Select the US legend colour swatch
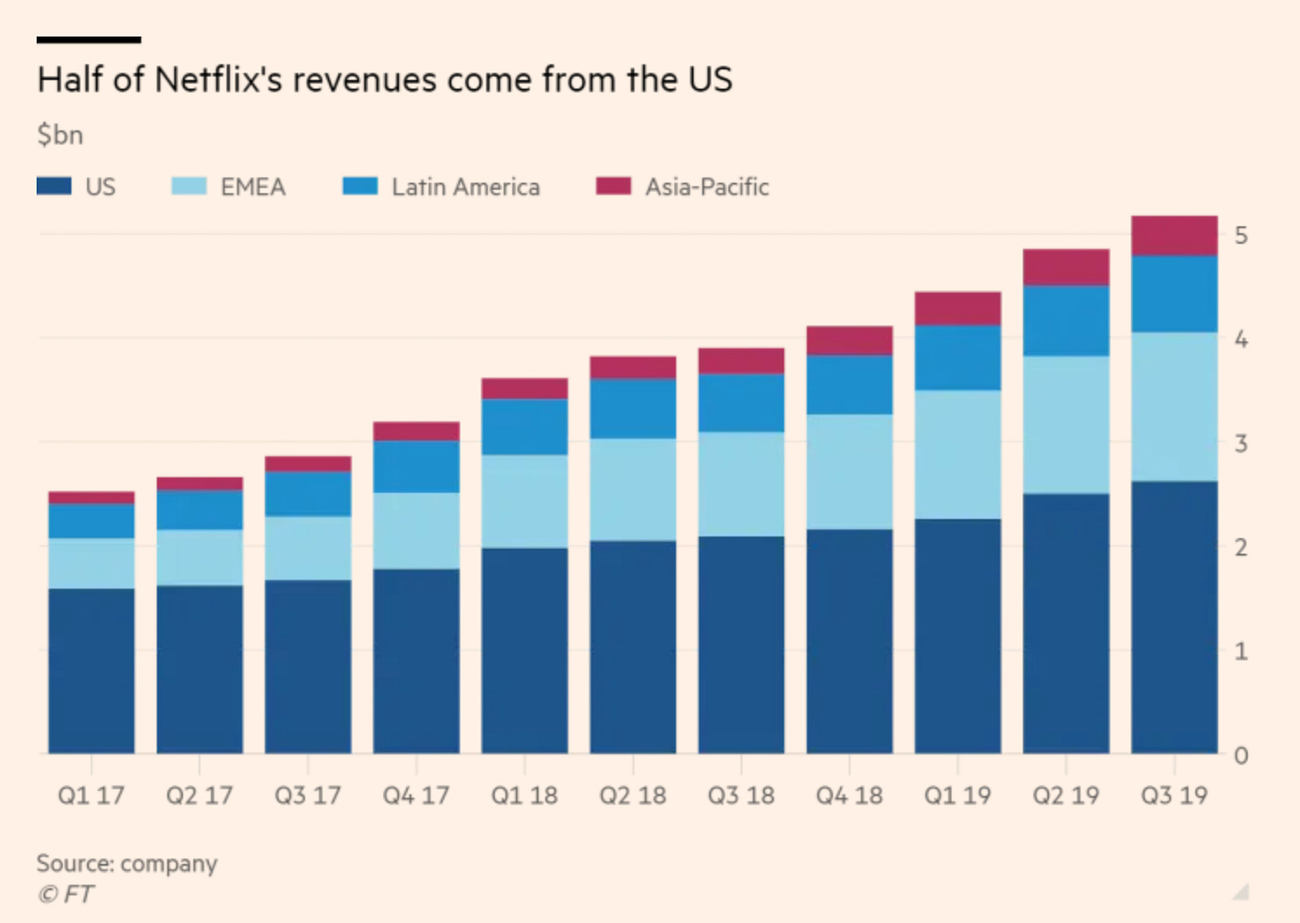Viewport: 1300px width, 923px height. click(x=54, y=186)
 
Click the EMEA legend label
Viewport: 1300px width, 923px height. click(x=253, y=187)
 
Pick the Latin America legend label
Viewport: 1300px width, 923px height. click(x=465, y=187)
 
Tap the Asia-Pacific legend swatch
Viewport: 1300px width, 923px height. click(x=613, y=186)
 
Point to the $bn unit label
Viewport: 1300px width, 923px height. click(x=60, y=135)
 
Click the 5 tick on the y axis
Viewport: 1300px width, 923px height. click(x=1241, y=236)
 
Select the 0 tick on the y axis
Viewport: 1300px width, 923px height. click(x=1241, y=756)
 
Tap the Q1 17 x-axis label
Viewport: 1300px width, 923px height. click(x=91, y=795)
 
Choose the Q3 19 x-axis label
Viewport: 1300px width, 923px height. click(x=1174, y=795)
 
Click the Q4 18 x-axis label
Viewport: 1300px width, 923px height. click(x=849, y=795)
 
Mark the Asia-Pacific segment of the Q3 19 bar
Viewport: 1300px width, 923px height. click(x=1174, y=236)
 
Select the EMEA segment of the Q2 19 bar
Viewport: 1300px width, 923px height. click(x=1066, y=425)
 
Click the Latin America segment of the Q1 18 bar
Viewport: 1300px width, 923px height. click(x=524, y=427)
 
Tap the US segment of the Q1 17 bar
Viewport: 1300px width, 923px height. click(x=91, y=670)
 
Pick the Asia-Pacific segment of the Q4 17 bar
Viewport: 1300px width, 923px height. click(x=416, y=431)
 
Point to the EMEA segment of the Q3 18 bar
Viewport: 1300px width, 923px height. click(x=741, y=484)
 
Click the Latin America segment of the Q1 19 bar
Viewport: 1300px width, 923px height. click(x=957, y=357)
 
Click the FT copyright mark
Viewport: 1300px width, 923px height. click(x=66, y=894)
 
